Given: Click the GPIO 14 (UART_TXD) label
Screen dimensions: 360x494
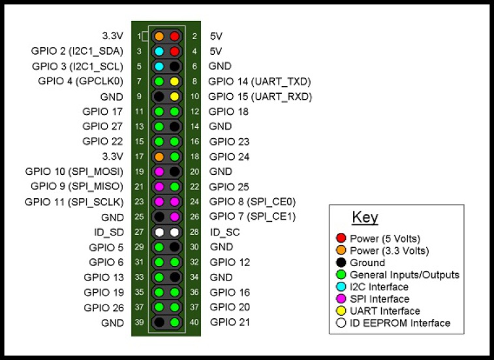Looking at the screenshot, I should click(x=259, y=82).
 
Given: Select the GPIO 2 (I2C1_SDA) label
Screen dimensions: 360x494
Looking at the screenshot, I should click(x=77, y=51).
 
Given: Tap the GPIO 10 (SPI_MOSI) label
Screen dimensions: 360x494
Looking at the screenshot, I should click(x=74, y=172).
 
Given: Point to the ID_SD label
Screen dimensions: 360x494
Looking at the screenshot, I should click(x=108, y=232).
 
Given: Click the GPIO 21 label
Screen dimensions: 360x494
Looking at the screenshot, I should click(x=230, y=322).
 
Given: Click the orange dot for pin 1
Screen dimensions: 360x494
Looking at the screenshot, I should click(x=159, y=36).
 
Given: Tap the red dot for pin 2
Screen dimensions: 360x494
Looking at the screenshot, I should click(x=174, y=36).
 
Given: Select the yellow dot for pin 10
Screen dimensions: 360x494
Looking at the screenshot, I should click(x=174, y=97).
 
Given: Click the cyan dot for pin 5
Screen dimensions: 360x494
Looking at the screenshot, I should click(x=159, y=66).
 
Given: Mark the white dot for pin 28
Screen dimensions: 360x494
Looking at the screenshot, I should click(x=174, y=232).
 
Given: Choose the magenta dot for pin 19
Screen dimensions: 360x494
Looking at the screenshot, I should click(x=159, y=172).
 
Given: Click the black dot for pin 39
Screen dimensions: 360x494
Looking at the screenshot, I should click(x=159, y=322).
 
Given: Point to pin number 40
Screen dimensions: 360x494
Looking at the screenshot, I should click(x=194, y=322).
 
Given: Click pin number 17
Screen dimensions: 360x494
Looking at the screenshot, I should click(x=139, y=157).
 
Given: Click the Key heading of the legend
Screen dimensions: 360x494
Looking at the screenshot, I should click(x=365, y=218).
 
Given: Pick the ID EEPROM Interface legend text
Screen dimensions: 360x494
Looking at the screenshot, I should click(x=399, y=323).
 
